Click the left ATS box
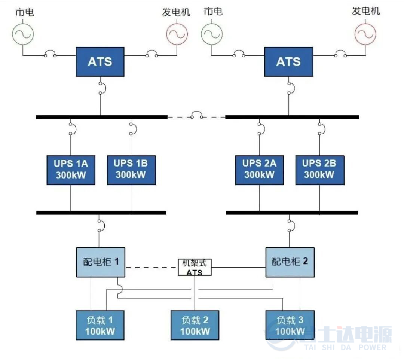click(x=100, y=62)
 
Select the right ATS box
click(x=288, y=62)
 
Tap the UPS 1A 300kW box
click(x=71, y=170)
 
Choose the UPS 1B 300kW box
click(x=131, y=170)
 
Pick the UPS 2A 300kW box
click(x=259, y=170)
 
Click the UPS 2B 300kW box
click(x=319, y=170)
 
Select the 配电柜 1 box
click(x=101, y=262)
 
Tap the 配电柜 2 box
click(x=290, y=262)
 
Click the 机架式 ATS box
click(x=195, y=267)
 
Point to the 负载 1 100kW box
click(x=100, y=325)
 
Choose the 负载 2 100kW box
click(x=195, y=325)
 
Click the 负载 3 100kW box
click(x=290, y=325)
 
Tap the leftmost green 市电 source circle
click(x=23, y=34)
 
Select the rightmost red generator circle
click(x=365, y=34)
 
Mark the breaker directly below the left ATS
click(x=101, y=87)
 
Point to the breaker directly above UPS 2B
click(x=320, y=128)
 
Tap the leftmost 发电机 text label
click(x=176, y=12)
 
